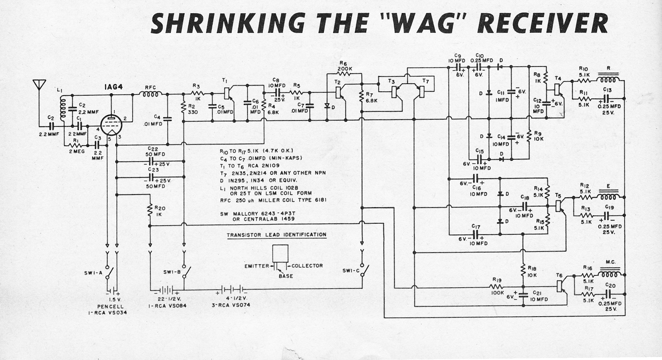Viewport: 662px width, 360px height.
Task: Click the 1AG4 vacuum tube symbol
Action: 111,125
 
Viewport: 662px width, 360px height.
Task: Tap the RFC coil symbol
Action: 151,94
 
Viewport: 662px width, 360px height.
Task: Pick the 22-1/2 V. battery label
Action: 170,299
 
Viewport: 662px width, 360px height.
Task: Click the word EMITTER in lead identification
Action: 257,266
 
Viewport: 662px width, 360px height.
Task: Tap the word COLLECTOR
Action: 307,266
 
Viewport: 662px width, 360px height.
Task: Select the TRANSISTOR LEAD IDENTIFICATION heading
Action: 277,235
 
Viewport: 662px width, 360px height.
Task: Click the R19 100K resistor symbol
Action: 497,287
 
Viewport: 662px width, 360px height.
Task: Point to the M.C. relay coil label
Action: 608,262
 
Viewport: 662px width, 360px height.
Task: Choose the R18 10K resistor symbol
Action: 523,271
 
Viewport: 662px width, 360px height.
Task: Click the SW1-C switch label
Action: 350,270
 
